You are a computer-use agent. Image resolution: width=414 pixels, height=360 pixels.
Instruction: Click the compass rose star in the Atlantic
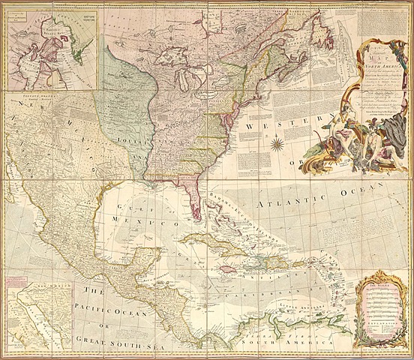click(x=277, y=142)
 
